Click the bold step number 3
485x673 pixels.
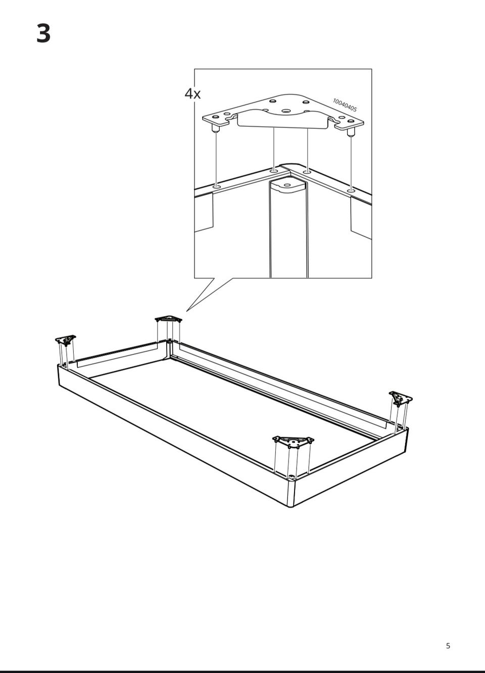click(x=43, y=33)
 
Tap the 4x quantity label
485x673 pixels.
click(x=192, y=94)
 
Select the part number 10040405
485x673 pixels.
click(x=345, y=105)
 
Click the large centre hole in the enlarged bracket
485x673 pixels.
click(x=286, y=111)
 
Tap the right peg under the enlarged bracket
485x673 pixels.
click(x=351, y=132)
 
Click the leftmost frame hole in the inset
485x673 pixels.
click(x=217, y=187)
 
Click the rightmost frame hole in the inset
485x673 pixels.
click(x=351, y=190)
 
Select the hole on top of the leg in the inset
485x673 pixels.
click(x=287, y=185)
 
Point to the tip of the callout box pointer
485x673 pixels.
click(x=186, y=311)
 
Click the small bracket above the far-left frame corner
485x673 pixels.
click(x=66, y=340)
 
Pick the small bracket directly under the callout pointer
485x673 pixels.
click(x=168, y=319)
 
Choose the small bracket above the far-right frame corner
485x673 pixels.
click(x=401, y=398)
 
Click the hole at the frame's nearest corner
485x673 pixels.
click(x=290, y=476)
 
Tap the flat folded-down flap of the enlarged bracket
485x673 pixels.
click(x=282, y=121)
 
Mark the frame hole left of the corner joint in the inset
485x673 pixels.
click(x=273, y=171)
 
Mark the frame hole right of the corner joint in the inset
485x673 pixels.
click(x=307, y=172)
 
